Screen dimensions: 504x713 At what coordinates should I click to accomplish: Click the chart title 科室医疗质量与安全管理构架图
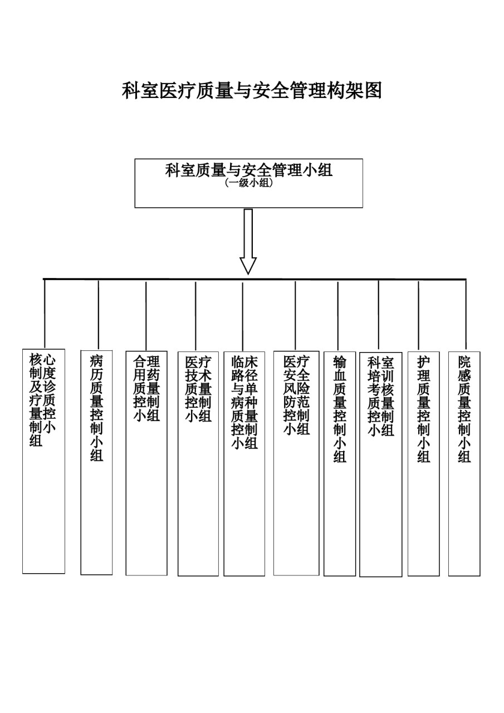[252, 91]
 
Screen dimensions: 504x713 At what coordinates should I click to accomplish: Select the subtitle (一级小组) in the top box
[248, 183]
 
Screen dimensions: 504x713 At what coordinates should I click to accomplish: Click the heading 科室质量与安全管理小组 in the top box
[249, 170]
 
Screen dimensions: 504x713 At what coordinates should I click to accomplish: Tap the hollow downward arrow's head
[248, 266]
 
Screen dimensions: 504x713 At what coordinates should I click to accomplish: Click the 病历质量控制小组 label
[96, 408]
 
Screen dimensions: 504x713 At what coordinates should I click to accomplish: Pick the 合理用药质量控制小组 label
[146, 389]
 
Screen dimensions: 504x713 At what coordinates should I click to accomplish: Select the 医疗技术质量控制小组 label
[198, 389]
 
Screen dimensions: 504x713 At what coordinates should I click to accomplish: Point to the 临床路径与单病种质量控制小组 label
[244, 402]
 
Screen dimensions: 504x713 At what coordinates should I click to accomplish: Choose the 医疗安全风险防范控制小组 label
[296, 395]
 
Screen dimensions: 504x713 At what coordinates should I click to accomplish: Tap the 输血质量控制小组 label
[340, 409]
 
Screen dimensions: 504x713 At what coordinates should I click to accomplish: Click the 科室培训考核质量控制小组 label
[381, 396]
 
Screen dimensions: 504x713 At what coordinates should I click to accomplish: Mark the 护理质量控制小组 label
[423, 409]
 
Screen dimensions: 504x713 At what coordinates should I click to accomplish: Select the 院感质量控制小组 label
[464, 409]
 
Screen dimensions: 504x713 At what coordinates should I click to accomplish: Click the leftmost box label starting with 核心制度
[42, 400]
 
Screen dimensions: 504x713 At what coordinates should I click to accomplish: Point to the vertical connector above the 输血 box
[338, 316]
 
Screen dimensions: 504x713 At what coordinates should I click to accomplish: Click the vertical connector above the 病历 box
[99, 315]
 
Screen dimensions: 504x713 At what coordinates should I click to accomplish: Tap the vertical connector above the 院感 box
[466, 315]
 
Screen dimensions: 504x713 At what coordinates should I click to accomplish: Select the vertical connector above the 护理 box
[418, 315]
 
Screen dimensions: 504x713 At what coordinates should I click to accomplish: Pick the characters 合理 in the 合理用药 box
[146, 362]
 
